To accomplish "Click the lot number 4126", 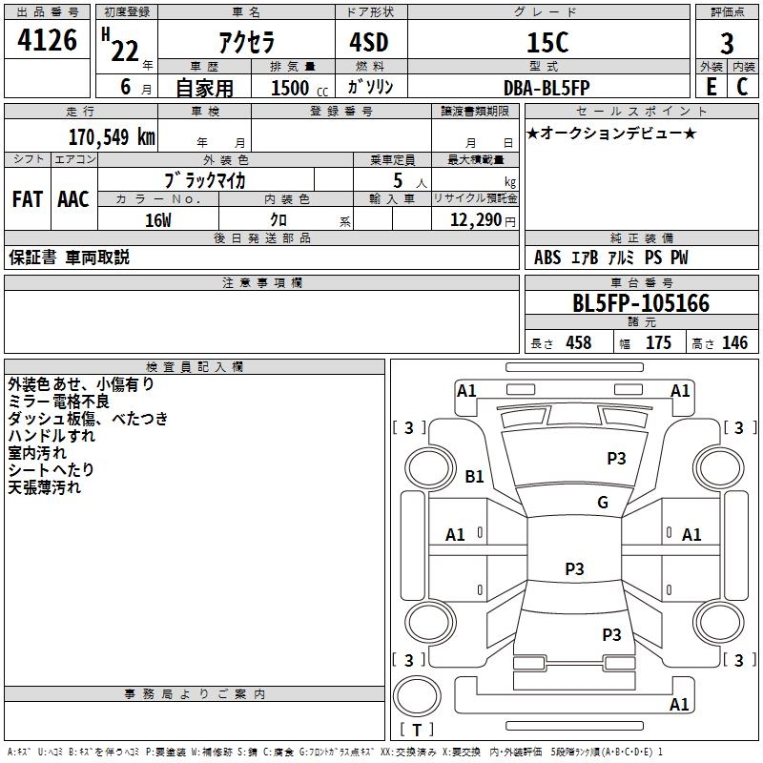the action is click(47, 40).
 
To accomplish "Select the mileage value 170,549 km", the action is click(112, 137).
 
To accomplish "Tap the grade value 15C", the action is click(547, 42).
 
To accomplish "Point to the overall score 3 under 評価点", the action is click(727, 43).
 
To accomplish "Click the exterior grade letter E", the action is click(711, 87).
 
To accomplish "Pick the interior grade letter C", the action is click(742, 87).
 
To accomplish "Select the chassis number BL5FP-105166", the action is click(641, 303).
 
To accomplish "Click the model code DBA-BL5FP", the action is click(546, 88).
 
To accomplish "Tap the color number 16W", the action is click(158, 220).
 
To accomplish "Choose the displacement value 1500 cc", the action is click(299, 88).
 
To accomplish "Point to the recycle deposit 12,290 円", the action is click(483, 220).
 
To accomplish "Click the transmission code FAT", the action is click(28, 199).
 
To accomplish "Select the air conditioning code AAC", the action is click(73, 199).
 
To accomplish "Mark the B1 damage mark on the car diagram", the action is click(474, 476).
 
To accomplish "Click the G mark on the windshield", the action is click(603, 502).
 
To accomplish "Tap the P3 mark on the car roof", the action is click(574, 568).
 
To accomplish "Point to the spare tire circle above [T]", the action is click(417, 695).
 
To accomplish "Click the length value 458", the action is click(579, 342).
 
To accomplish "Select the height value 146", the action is click(734, 342).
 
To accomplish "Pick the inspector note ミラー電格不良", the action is click(58, 402).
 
